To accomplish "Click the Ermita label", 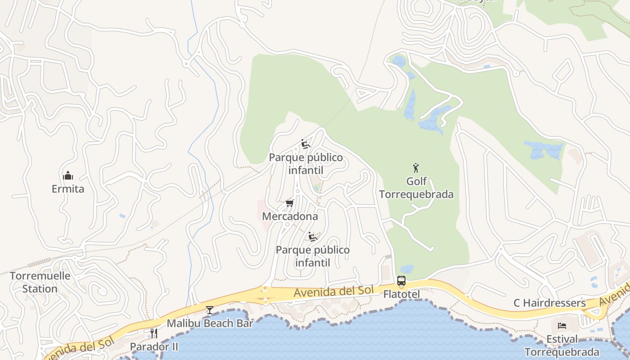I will click(x=68, y=189).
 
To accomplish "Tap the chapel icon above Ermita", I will click(x=68, y=175).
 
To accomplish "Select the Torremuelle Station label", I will click(x=40, y=282).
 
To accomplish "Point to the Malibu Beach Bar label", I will click(x=210, y=323).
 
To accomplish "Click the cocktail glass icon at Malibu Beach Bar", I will click(x=210, y=310).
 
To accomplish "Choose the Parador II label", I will click(x=154, y=346).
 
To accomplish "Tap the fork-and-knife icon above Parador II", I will click(x=154, y=333).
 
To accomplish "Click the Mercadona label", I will click(x=290, y=216).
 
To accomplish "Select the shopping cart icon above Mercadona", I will click(x=290, y=203).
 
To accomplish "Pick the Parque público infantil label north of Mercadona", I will click(x=306, y=164).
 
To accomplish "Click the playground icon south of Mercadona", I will click(x=313, y=237).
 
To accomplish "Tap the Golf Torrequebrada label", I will click(x=416, y=188).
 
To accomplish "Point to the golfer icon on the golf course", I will click(x=416, y=168).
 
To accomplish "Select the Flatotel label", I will click(x=401, y=295).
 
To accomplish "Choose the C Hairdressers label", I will click(x=549, y=303).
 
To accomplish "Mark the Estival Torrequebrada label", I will click(x=562, y=345).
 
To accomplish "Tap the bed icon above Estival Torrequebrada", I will click(x=562, y=325).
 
